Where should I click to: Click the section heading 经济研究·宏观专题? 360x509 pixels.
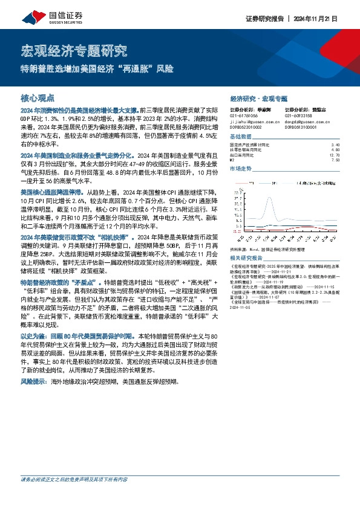pos(259,98)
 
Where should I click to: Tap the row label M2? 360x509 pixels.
pos(234,160)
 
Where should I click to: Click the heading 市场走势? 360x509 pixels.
pos(240,169)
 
